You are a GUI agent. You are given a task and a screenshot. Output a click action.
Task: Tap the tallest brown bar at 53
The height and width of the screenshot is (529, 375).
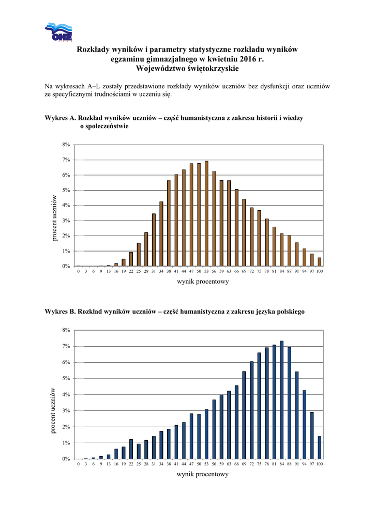coord(206,214)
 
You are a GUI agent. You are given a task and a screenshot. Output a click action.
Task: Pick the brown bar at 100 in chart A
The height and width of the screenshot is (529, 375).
coord(319,262)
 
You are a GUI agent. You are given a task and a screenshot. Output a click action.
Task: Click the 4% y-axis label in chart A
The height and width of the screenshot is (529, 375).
coord(67,206)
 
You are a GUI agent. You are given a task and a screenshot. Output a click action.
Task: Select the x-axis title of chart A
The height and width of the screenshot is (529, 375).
coord(203,282)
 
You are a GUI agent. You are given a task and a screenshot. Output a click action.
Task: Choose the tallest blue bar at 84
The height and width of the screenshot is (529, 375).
coord(281,400)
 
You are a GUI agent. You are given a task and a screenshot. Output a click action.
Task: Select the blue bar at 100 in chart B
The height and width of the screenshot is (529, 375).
coord(319,447)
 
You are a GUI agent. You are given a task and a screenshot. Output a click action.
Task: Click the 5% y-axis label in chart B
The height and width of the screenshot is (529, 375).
coord(67,379)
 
